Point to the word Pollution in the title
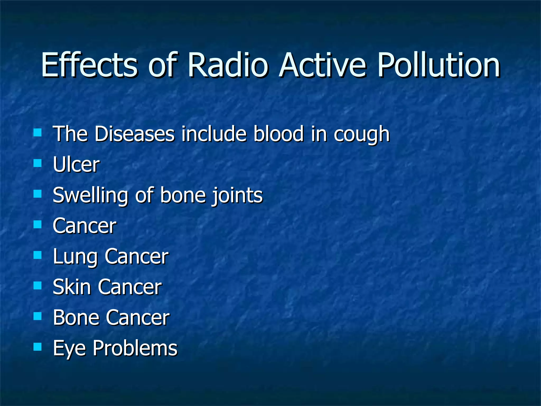[x=439, y=65]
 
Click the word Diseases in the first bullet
[x=134, y=134]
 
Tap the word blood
[x=278, y=134]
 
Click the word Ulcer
[x=76, y=164]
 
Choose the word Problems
[x=135, y=348]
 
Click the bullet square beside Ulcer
[x=38, y=163]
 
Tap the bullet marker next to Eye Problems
[x=38, y=347]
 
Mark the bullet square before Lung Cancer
[x=38, y=255]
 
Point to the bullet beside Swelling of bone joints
[x=38, y=194]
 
